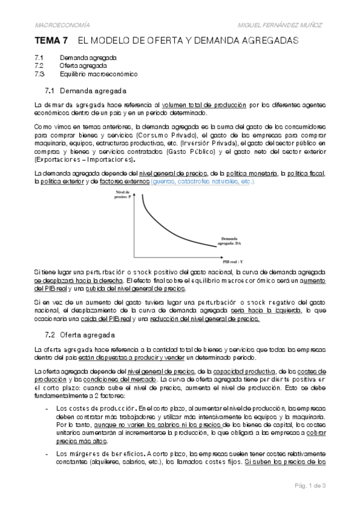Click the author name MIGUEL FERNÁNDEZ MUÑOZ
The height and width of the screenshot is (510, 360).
[x=290, y=24]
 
